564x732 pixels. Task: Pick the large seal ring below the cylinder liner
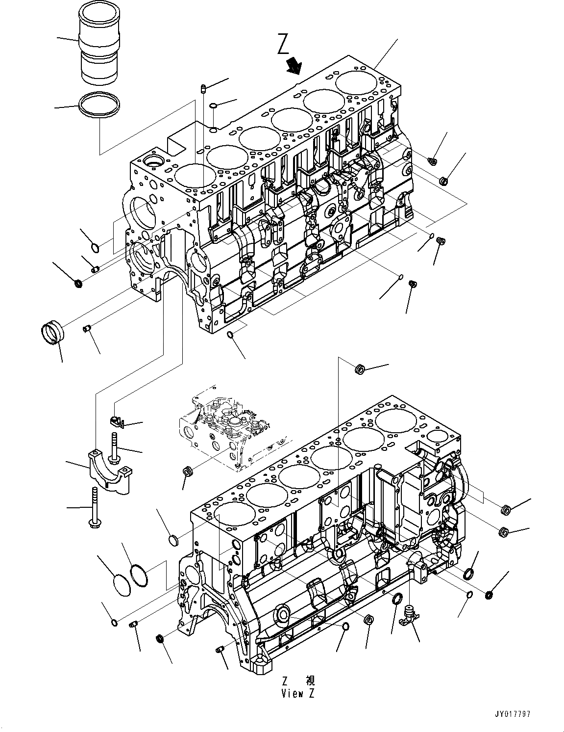coord(99,105)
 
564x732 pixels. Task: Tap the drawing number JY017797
coord(513,714)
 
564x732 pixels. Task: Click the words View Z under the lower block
coord(298,693)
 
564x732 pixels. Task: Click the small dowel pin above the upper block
coord(203,89)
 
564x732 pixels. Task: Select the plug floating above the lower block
coord(359,368)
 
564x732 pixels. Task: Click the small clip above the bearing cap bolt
coord(116,420)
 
